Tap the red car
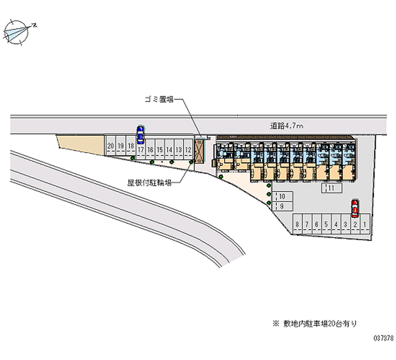pos(355,208)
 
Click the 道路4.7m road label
pos(287,127)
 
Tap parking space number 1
pos(365,225)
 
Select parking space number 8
pos(297,225)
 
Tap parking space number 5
pos(326,225)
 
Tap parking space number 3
pos(345,225)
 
